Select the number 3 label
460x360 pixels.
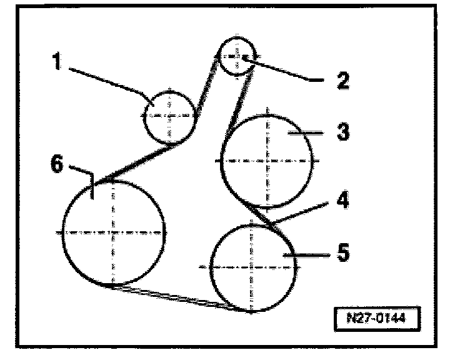(342, 132)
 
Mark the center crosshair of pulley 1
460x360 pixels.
(169, 116)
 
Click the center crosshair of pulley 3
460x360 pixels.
(267, 161)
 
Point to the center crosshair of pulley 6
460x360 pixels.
(112, 232)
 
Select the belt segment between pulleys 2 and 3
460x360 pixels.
(241, 100)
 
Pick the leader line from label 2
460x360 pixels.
(284, 69)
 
